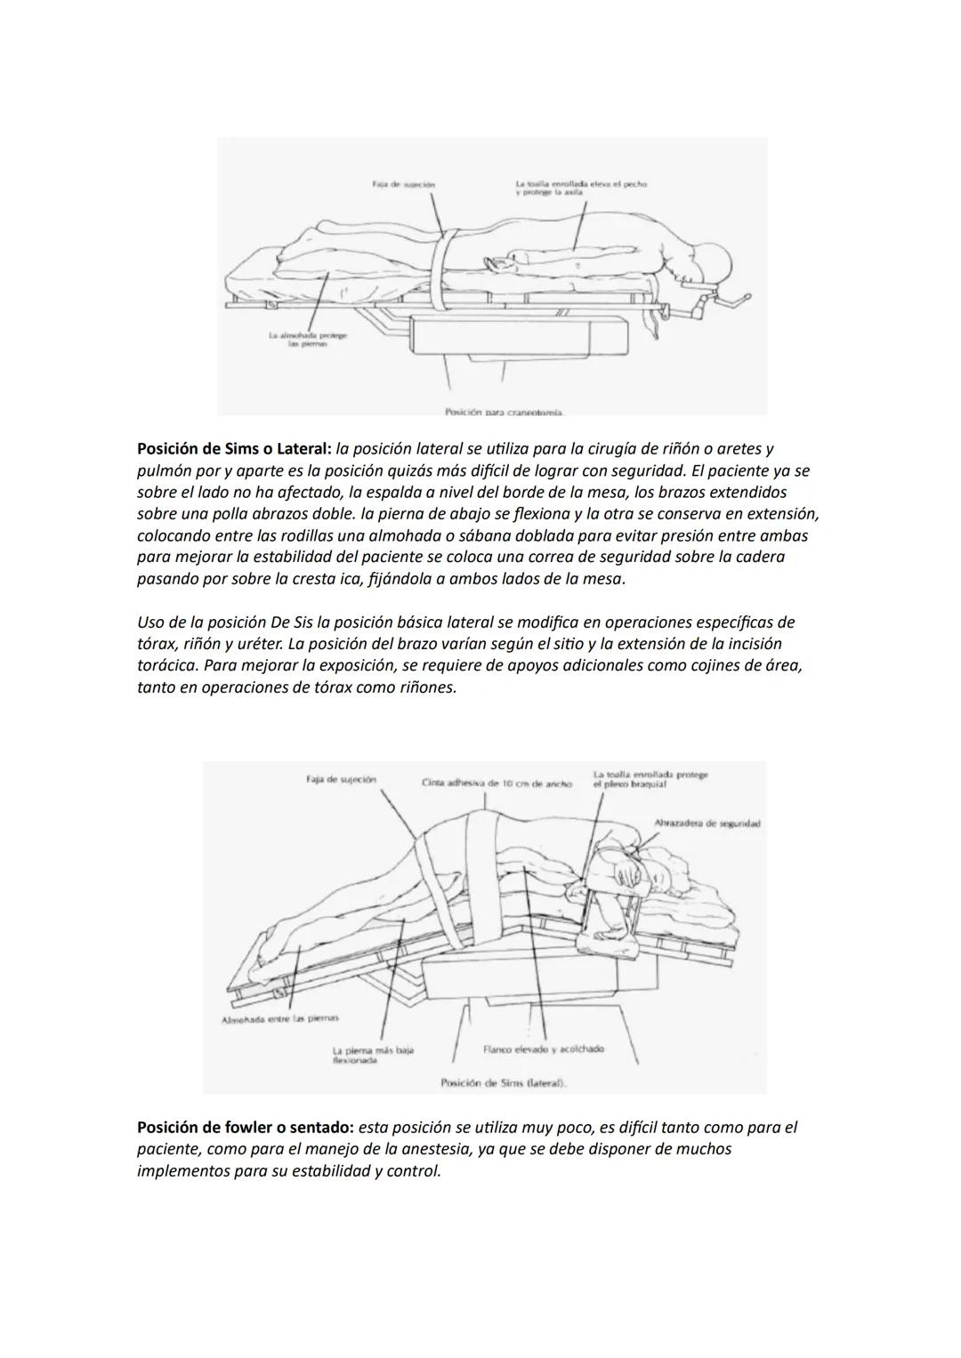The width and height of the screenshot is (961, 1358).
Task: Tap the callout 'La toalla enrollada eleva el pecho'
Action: coord(581,184)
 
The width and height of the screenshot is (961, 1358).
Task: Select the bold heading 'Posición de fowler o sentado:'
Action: coord(245,1128)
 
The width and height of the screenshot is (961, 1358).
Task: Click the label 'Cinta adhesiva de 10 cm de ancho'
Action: coord(497,783)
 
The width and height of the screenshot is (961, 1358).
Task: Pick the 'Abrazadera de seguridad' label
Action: coord(707,824)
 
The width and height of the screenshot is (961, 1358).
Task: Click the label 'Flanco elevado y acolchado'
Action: coord(543,1049)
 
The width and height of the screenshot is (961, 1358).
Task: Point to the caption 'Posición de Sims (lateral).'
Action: coord(504,1083)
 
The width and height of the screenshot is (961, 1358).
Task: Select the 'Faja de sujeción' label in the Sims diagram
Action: coord(340,779)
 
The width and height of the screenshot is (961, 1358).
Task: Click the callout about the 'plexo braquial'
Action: coord(650,779)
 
